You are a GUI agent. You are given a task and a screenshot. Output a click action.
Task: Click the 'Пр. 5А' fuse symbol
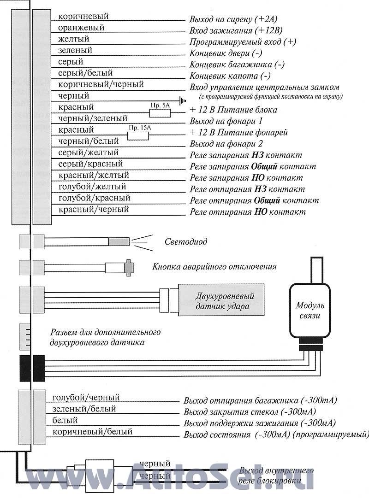point(160,113)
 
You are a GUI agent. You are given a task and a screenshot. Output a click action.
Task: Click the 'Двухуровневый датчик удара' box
point(221,300)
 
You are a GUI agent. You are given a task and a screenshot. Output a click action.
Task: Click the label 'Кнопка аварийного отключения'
point(214,266)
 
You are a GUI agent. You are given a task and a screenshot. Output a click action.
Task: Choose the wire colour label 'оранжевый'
point(81,28)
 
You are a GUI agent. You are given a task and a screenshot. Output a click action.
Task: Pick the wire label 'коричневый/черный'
point(101,84)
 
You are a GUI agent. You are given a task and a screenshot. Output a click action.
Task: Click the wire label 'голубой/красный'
point(94,198)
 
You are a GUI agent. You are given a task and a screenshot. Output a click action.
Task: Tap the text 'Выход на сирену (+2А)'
point(233,19)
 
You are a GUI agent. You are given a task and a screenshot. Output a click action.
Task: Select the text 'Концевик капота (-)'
point(230,76)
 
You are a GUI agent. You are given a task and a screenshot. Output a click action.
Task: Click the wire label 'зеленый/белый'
point(84,409)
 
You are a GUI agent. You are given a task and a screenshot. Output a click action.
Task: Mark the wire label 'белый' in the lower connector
point(65,420)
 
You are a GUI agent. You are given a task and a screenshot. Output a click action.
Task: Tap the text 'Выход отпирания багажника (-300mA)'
point(260,400)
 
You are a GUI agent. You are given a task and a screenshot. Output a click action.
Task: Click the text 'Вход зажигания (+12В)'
point(236,31)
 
